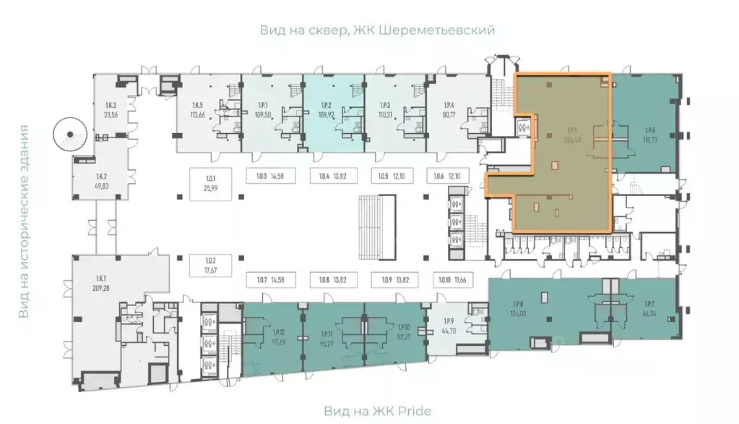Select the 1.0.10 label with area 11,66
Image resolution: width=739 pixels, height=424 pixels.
(451, 279)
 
